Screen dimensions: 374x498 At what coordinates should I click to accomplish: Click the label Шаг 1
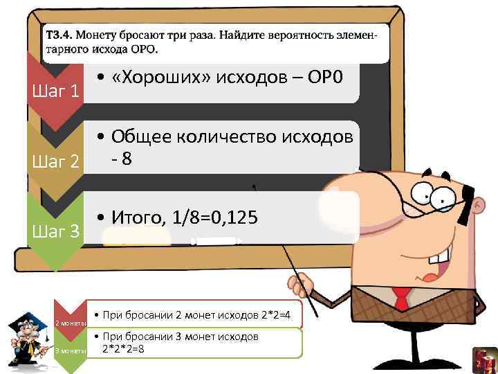[x=56, y=91]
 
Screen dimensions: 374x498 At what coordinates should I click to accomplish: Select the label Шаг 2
[x=56, y=163]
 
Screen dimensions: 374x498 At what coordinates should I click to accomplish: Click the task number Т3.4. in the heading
[x=58, y=34]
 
